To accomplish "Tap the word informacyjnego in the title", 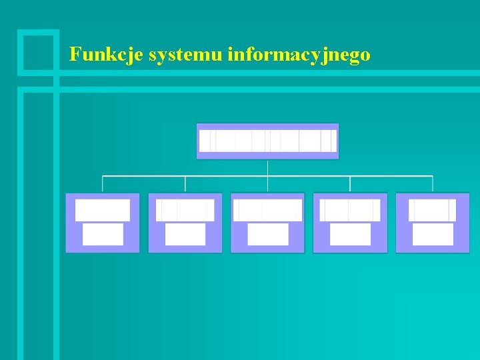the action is (299, 55).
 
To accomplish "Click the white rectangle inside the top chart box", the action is (268, 141).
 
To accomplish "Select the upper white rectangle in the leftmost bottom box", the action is (103, 210).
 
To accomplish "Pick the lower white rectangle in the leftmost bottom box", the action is (103, 234).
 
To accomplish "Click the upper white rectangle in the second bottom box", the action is (185, 210).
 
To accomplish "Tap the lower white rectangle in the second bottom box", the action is (185, 234).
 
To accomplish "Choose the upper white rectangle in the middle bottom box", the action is (268, 210).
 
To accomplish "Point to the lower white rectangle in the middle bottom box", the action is (268, 234).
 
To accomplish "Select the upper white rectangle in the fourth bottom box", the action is (350, 210).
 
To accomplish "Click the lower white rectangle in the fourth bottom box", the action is (350, 234).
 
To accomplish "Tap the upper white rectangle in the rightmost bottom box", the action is (433, 210).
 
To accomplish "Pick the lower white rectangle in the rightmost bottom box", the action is (433, 234).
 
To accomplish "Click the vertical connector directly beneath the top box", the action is (268, 167).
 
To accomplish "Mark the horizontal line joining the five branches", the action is (227, 176).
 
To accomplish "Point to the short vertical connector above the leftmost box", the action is (103, 185).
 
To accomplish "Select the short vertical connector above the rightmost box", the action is (433, 185).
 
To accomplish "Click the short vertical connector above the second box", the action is (185, 185).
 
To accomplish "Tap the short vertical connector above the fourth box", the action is (350, 185).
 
